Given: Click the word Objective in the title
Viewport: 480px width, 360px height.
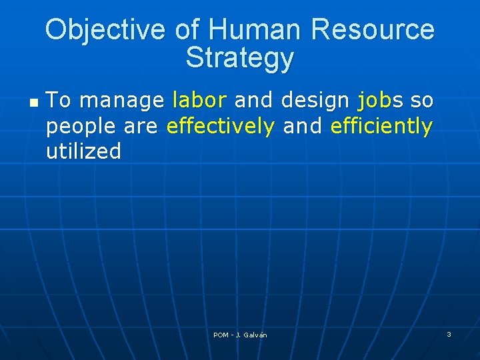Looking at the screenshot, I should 107,30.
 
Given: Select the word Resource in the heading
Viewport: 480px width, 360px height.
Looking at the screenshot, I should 373,30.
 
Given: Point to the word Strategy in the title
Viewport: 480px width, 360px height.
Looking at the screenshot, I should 239,58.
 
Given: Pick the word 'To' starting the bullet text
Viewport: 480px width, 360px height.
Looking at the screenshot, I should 59,101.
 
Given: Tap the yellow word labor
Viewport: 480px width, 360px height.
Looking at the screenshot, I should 199,101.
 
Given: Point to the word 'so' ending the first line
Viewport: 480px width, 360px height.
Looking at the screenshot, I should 422,101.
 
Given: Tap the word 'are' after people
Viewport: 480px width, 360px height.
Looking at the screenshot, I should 141,127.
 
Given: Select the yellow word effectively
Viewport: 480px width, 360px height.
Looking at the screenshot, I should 220,126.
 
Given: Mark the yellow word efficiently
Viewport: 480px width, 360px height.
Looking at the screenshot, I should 381,126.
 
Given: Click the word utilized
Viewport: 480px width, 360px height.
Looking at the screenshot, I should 83,151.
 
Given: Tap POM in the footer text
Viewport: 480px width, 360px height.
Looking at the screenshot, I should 221,335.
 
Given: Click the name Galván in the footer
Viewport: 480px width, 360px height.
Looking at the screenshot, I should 255,335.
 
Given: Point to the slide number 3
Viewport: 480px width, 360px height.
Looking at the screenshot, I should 449,334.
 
